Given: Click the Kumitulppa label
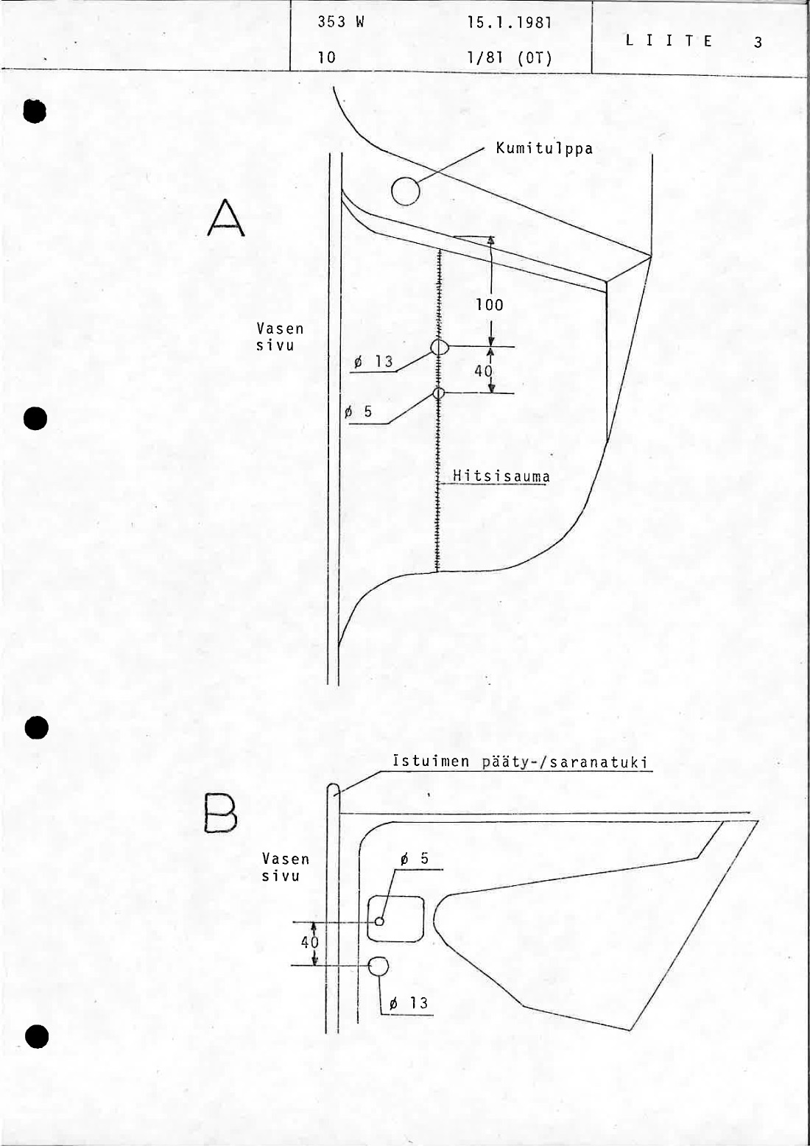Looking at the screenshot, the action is (544, 149).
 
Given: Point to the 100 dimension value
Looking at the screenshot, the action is (490, 305).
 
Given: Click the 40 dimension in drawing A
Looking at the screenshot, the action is (483, 370).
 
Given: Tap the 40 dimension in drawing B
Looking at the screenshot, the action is (310, 942).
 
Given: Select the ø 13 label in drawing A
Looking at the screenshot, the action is (373, 362).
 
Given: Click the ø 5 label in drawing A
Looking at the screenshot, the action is (359, 412).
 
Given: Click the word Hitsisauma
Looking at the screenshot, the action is (501, 477).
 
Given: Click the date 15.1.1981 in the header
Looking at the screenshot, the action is (509, 23).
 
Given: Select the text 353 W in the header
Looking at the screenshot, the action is (340, 22).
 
